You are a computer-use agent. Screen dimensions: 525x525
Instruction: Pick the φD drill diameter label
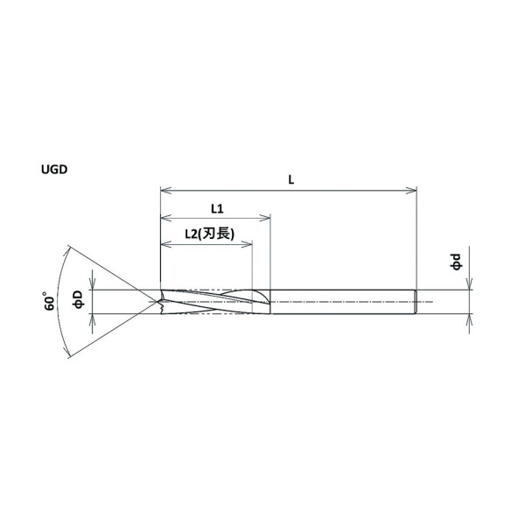(x=78, y=300)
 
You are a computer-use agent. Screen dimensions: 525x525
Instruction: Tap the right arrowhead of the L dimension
(x=411, y=190)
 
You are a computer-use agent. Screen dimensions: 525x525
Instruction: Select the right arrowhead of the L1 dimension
(x=266, y=218)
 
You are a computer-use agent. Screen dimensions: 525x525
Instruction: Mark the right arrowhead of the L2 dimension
(x=248, y=243)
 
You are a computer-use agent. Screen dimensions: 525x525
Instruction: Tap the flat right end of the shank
(x=415, y=302)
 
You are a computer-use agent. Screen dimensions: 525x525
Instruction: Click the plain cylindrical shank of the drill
(x=341, y=302)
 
